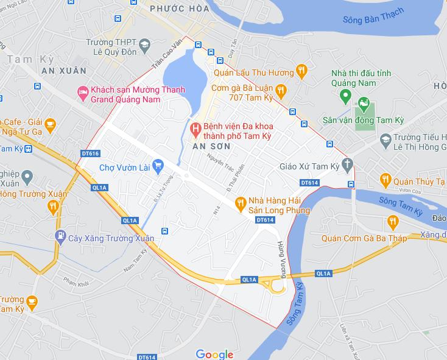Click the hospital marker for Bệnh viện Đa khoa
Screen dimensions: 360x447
pyautogui.click(x=195, y=129)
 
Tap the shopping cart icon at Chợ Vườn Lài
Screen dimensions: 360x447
pyautogui.click(x=158, y=164)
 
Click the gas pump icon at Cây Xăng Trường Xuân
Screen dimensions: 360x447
pyautogui.click(x=60, y=236)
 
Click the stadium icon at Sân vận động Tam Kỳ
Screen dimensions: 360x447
pyautogui.click(x=364, y=104)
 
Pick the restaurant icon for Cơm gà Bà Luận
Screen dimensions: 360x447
pyautogui.click(x=280, y=91)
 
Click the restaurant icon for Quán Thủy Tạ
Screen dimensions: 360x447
pyautogui.click(x=385, y=180)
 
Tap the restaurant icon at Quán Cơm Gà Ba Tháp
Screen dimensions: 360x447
pyautogui.click(x=392, y=221)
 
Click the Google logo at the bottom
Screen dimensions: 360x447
pyautogui.click(x=214, y=354)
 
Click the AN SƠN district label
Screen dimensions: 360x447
pyautogui.click(x=211, y=147)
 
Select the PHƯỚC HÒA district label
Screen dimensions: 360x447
pyautogui.click(x=179, y=9)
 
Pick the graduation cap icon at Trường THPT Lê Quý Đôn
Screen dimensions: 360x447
pyautogui.click(x=144, y=44)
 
